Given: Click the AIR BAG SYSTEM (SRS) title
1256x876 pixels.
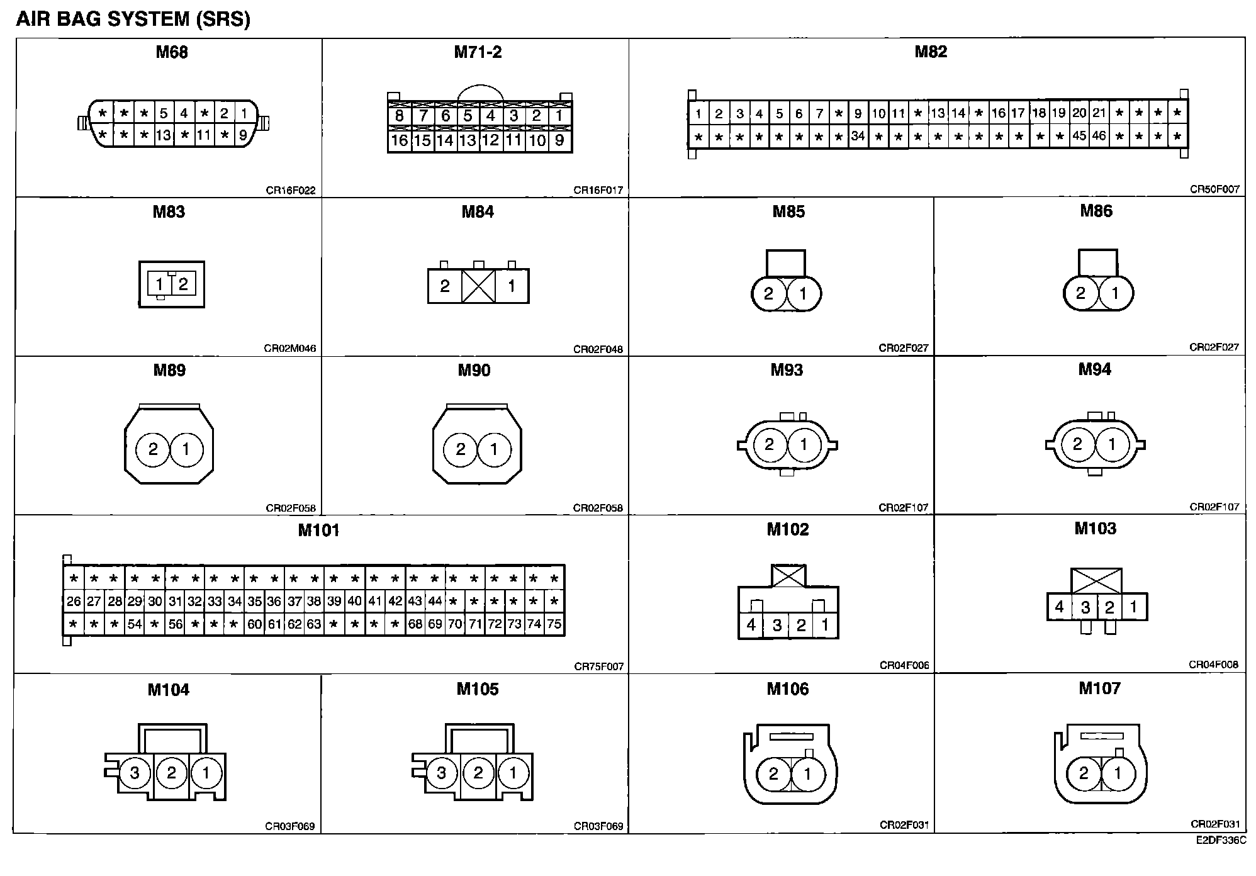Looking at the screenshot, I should click(133, 19).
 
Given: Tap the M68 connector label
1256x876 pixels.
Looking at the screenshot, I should click(172, 52).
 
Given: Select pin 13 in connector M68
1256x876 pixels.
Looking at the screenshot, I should click(164, 135).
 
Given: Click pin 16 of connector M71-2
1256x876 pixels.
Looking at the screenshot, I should click(399, 140).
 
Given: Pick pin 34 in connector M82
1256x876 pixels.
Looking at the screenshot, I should click(858, 136).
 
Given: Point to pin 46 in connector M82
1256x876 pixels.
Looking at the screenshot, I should click(1099, 136).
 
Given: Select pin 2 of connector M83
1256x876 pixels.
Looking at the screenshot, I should click(183, 284).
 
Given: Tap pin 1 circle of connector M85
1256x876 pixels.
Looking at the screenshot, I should click(803, 293).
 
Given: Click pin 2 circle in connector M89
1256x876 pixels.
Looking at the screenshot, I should click(154, 449).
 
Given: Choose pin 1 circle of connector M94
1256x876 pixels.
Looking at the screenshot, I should click(1112, 445).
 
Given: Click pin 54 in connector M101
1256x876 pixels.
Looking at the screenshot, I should click(135, 624).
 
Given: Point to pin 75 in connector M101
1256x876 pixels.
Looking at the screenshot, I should click(554, 624).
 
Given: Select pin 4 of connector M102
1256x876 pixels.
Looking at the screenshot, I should click(751, 625).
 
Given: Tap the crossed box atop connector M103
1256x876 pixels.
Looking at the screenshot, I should click(1096, 581).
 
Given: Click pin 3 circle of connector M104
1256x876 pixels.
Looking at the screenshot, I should click(134, 772).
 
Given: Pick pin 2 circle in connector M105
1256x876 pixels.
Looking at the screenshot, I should click(478, 772).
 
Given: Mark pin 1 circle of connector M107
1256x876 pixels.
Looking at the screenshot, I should click(1118, 773).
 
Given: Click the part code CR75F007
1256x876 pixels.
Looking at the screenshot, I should click(598, 666).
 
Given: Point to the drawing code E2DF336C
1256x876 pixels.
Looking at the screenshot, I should click(1221, 840).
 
